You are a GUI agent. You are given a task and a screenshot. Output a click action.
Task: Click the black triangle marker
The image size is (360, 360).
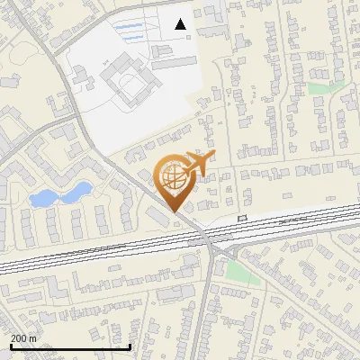pyautogui.click(x=181, y=24)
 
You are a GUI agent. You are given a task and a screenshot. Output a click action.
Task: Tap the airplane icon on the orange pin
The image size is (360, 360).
pyautogui.click(x=198, y=163)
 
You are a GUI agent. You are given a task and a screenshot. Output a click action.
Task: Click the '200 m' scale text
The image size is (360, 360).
pyautogui.click(x=23, y=338)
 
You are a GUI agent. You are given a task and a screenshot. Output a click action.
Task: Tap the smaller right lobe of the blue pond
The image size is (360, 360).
pyautogui.click(x=80, y=190)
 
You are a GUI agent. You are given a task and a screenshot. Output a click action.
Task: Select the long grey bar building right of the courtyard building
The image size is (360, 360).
pyautogui.click(x=174, y=63)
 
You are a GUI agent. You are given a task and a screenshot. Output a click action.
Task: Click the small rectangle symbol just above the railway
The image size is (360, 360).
pyautogui.click(x=241, y=218)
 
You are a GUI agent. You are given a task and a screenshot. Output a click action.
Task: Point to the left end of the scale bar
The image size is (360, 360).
pyautogui.click(x=10, y=346)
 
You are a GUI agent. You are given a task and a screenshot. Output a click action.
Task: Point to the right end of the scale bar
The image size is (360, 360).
pyautogui.click(x=130, y=346)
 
